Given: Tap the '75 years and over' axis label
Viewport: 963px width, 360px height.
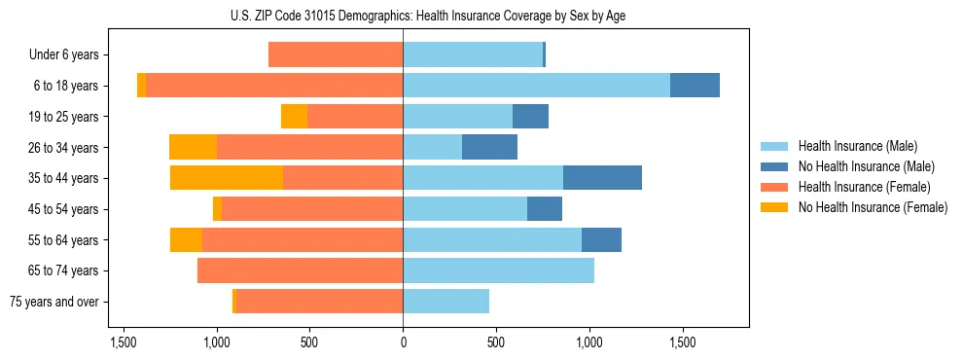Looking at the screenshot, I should click(54, 302).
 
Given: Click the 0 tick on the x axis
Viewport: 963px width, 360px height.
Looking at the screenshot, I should click(403, 343).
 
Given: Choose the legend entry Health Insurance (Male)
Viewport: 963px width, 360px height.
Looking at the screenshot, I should click(857, 146).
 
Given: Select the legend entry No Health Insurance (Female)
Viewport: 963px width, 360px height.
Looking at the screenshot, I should click(873, 207).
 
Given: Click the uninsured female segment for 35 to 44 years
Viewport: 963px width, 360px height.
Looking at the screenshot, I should click(227, 178).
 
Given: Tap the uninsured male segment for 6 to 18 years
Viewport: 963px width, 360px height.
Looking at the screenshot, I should click(695, 86).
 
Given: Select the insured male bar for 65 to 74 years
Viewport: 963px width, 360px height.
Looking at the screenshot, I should click(498, 270).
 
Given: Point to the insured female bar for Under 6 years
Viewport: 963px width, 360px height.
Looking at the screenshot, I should click(336, 55).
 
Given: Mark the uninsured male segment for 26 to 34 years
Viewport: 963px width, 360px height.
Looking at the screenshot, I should click(489, 147).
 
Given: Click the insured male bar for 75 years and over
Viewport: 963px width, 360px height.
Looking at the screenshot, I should click(446, 302).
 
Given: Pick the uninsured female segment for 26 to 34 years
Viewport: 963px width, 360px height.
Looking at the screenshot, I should click(193, 147).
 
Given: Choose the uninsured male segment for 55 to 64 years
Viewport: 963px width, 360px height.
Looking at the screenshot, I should click(601, 239).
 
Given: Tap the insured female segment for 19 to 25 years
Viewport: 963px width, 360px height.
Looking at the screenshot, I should click(355, 117).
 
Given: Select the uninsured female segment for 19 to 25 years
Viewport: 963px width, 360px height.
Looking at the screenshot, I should click(294, 117).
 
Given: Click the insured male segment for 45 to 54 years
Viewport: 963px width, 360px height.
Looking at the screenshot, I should click(465, 208).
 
